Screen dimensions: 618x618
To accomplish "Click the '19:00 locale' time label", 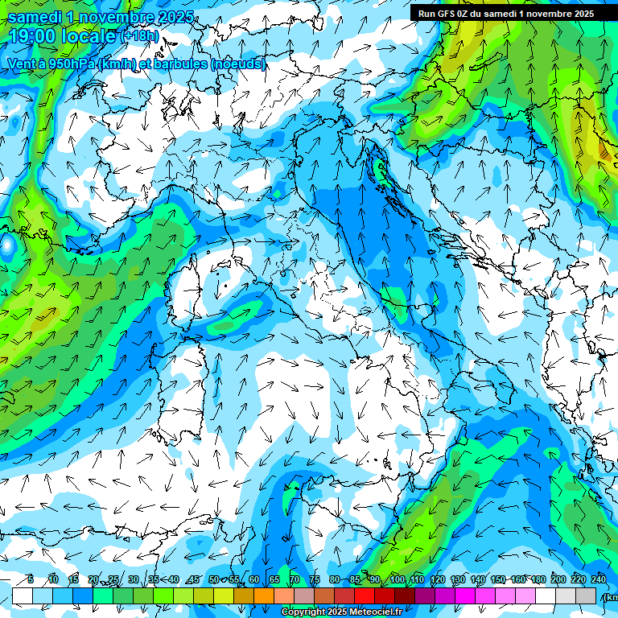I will (63, 36).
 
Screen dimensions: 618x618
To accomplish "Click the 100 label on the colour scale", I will (397, 580).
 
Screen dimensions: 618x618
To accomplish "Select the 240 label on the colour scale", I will (599, 580).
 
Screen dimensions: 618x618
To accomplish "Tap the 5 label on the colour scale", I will (31, 580).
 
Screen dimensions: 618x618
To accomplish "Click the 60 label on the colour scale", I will (254, 580).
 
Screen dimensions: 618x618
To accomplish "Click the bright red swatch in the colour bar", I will (365, 595).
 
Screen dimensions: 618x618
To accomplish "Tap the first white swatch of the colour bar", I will (23, 595).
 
